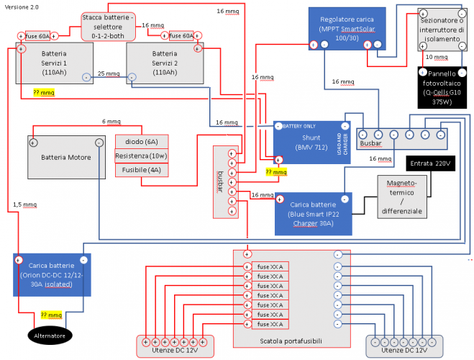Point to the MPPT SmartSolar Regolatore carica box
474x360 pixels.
[347, 27]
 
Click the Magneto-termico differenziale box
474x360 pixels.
[401, 197]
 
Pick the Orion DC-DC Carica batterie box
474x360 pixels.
[50, 274]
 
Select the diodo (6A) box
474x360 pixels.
[141, 141]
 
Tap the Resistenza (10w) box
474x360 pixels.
[141, 156]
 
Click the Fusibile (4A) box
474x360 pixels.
[141, 170]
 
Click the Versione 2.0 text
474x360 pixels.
[22, 6]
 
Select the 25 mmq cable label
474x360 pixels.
[109, 73]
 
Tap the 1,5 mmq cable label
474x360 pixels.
[24, 204]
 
